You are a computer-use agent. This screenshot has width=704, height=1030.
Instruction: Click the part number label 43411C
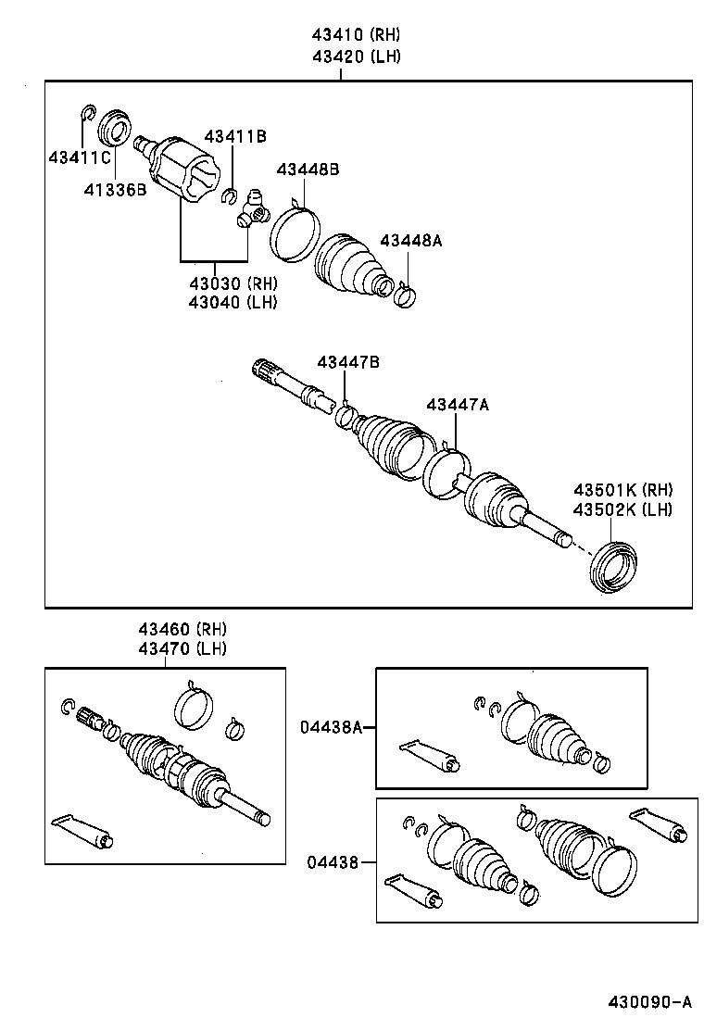pyautogui.click(x=81, y=157)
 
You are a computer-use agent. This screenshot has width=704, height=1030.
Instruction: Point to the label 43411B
pyautogui.click(x=235, y=137)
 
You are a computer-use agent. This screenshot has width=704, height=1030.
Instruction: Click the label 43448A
pyautogui.click(x=410, y=240)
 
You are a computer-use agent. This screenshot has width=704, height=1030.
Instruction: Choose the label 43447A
pyautogui.click(x=457, y=404)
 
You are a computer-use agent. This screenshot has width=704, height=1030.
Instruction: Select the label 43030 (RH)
pyautogui.click(x=233, y=283)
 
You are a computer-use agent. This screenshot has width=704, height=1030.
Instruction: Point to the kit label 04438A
pyautogui.click(x=330, y=727)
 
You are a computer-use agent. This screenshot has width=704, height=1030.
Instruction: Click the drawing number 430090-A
pyautogui.click(x=649, y=1002)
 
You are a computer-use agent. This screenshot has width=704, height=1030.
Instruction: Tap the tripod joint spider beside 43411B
pyautogui.click(x=253, y=207)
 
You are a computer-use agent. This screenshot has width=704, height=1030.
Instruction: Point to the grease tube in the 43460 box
pyautogui.click(x=84, y=829)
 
